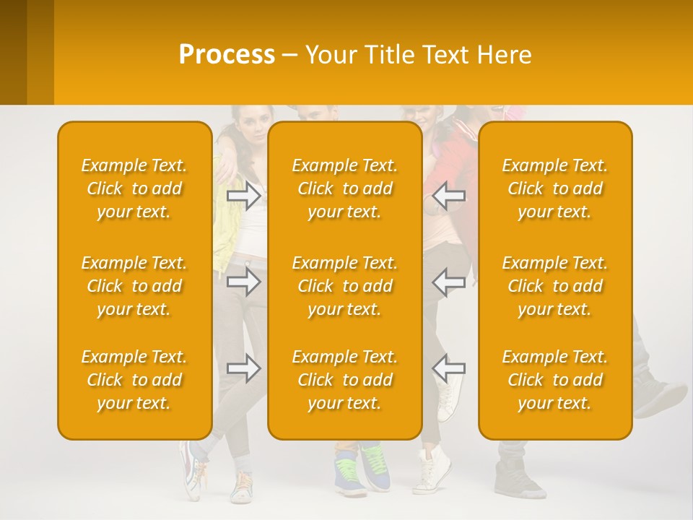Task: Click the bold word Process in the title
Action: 227,55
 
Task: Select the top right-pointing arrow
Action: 244,195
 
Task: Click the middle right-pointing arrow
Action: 244,282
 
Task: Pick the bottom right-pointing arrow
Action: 244,368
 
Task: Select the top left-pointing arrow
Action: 449,195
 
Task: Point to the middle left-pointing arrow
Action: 449,282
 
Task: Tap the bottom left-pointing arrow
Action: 449,368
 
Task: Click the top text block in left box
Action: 134,188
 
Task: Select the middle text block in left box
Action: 134,286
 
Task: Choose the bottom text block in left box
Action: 134,380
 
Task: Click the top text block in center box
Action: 345,188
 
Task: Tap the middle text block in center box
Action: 345,286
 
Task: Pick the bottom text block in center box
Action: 345,380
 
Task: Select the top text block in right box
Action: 555,188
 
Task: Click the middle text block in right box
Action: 555,286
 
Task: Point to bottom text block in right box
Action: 555,380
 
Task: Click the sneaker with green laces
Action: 375,466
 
